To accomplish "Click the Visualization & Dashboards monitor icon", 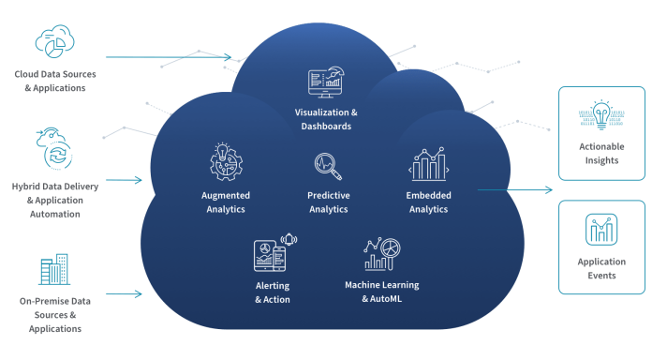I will (326, 82).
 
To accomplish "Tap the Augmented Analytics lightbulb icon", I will (224, 160).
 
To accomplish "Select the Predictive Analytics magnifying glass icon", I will (328, 166).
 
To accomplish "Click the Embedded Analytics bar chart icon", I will (428, 165).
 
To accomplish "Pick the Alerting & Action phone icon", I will (271, 255).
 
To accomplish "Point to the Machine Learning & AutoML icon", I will (381, 255).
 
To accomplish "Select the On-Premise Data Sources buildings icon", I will (53, 268).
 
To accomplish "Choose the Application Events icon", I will (601, 231).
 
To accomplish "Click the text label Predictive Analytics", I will (328, 202).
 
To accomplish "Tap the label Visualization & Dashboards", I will (326, 119).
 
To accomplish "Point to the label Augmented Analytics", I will (224, 202).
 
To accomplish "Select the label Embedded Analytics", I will (428, 202).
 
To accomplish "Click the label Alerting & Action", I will (273, 292).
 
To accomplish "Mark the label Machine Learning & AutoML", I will (381, 291).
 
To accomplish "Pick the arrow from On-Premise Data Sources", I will (123, 294).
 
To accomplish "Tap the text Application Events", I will (601, 269).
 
